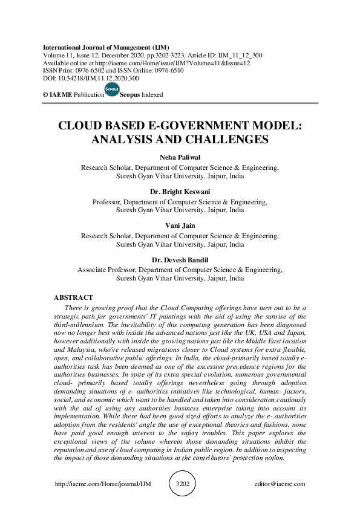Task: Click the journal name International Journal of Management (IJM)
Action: (x=106, y=47)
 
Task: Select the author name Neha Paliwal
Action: (x=180, y=158)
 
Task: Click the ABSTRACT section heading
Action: (x=73, y=297)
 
